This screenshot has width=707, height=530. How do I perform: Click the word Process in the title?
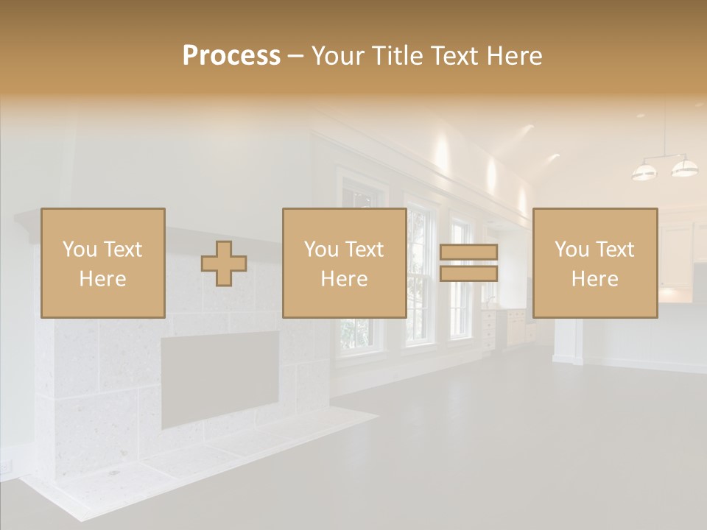point(231,56)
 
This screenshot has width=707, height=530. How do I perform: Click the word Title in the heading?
point(398,56)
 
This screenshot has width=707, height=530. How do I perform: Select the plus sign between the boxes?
point(224,264)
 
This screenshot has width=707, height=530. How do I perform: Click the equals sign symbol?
point(469,264)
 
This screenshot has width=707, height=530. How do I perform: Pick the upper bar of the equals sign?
point(469,252)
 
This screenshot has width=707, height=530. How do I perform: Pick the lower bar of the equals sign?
point(469,274)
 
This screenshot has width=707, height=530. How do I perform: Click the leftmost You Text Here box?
point(103,263)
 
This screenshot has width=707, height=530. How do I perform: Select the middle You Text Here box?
point(345,263)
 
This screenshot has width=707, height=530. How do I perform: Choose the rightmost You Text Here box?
point(595,263)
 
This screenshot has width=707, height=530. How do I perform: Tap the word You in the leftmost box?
point(79,250)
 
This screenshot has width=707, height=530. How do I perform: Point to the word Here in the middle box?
point(345,279)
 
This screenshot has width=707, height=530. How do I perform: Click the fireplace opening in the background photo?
point(220,377)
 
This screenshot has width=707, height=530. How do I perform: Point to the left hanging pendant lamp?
point(644,172)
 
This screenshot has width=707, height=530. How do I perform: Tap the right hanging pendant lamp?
point(684,168)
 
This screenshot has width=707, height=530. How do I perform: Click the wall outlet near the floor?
point(7,467)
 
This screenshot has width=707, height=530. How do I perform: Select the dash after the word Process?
point(296,56)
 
